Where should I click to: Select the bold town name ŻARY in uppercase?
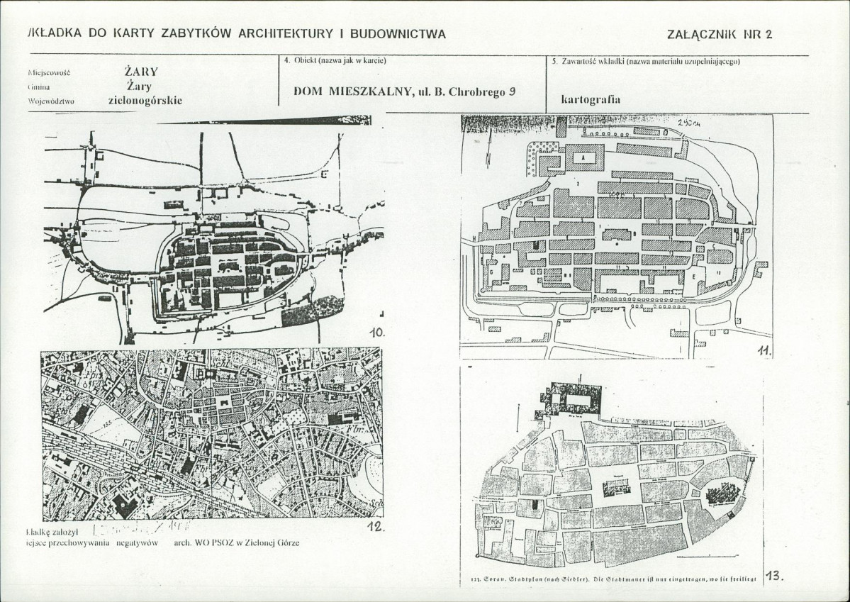click(x=140, y=72)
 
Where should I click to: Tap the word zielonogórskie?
click(x=145, y=100)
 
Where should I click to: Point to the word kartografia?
click(x=591, y=99)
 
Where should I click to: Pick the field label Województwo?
click(x=51, y=101)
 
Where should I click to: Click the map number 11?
click(x=764, y=350)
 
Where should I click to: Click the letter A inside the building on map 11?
click(x=583, y=158)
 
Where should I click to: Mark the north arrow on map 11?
click(x=488, y=157)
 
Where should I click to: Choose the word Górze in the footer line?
click(x=286, y=542)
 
